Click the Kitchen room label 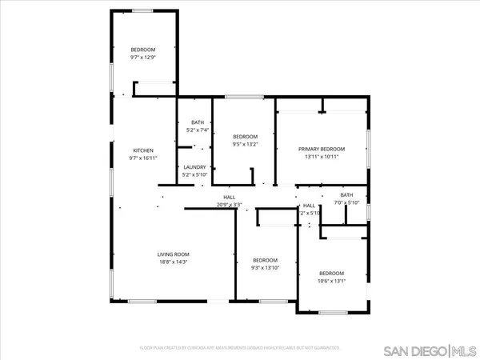click(143, 150)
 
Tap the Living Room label click(173, 254)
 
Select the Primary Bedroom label click(322, 150)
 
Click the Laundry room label click(194, 167)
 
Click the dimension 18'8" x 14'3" click(173, 262)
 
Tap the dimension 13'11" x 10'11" click(322, 157)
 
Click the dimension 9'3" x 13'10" click(264, 268)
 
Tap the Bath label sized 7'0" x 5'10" click(346, 195)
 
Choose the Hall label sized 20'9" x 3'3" click(229, 198)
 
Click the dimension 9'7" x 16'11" click(143, 158)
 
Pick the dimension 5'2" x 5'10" click(194, 174)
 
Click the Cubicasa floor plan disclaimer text click(240, 349)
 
